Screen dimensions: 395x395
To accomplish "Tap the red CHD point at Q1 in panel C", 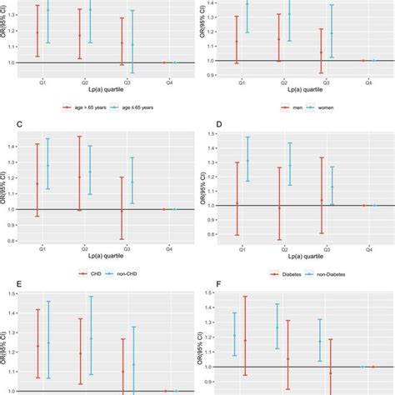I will pos(37,183).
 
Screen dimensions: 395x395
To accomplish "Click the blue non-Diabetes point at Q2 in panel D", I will pos(289,165).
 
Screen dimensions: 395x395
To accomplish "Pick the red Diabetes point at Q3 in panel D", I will pos(322,200).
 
